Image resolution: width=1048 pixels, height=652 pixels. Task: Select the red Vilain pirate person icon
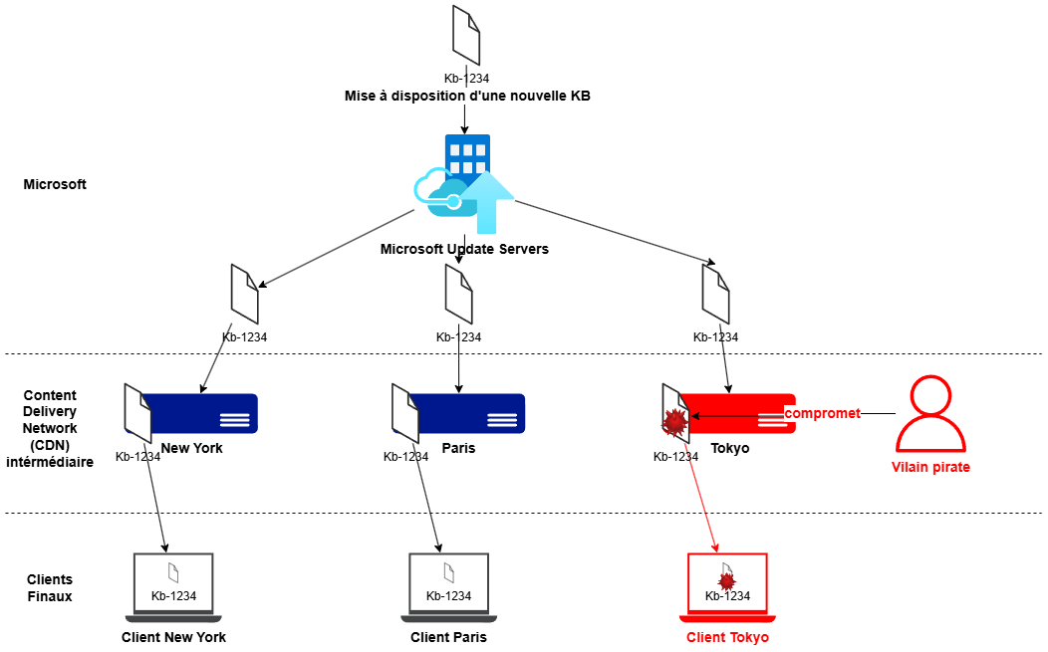coord(930,415)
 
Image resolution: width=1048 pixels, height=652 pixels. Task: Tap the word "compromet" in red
coord(822,413)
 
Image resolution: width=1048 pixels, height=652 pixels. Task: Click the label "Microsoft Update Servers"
coord(464,249)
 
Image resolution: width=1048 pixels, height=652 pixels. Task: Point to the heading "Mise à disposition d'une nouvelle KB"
coord(467,96)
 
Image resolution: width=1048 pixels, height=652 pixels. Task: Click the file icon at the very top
coord(466,35)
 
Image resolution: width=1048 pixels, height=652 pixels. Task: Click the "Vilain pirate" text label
coord(930,467)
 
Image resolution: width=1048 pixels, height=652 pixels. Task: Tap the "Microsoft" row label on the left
coord(55,184)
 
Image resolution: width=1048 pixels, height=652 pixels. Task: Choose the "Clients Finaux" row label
coord(50,587)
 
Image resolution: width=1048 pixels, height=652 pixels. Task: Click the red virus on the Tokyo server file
coord(675,423)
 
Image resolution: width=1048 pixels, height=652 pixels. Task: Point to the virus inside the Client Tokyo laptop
coord(726,579)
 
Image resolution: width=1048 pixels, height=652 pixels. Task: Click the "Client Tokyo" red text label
coord(727,637)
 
